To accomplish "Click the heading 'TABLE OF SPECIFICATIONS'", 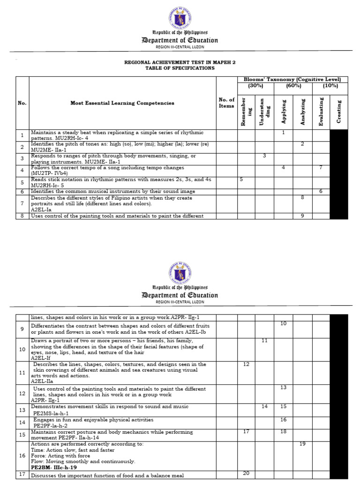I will (180, 68).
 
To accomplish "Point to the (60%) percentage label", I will (293, 86).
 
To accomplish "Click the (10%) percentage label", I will (330, 86).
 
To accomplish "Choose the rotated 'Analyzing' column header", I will (303, 112).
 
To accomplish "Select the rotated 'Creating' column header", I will (339, 112).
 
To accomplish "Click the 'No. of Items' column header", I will (226, 103).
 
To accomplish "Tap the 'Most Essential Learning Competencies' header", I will (122, 103).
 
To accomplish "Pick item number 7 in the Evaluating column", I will (321, 167).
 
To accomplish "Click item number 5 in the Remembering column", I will (241, 179).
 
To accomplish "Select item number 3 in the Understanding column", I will (264, 156).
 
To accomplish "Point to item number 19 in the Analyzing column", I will (302, 443).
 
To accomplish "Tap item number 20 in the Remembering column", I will (246, 473).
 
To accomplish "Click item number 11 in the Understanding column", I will (264, 340).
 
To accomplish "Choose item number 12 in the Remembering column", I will (246, 364).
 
